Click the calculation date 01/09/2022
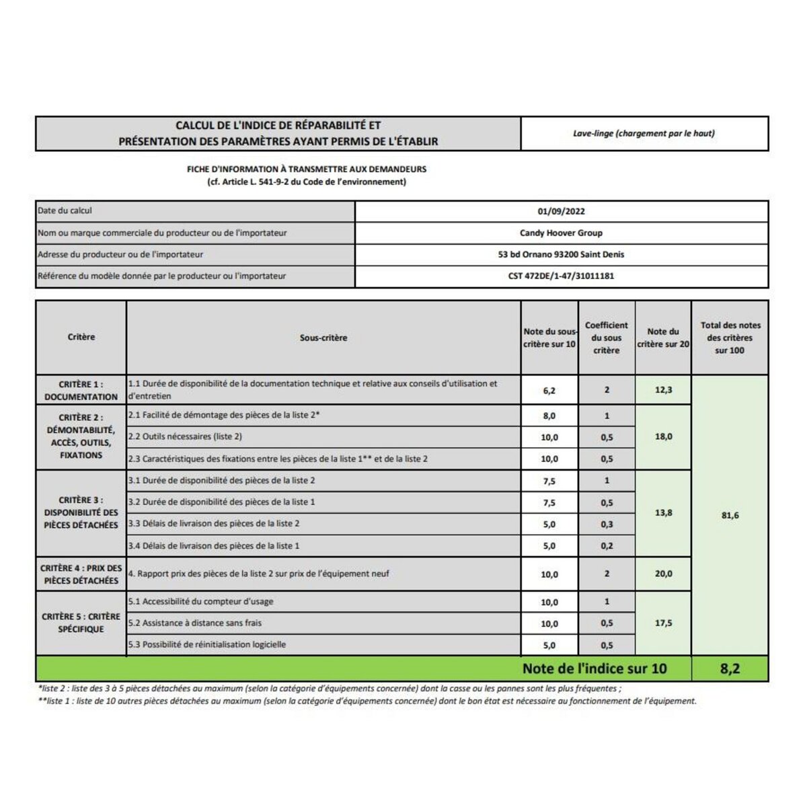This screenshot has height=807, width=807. [561, 211]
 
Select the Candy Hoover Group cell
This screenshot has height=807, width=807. [561, 233]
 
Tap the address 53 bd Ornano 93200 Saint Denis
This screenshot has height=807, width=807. [561, 254]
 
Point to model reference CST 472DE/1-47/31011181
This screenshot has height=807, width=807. [561, 276]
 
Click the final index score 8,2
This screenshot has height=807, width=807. [730, 668]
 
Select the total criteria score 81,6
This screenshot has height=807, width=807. [730, 515]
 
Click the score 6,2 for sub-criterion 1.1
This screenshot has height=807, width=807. [549, 390]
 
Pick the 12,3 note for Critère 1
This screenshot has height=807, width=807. [663, 390]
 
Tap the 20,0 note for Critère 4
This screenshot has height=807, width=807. [663, 574]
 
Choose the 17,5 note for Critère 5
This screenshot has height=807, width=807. [663, 623]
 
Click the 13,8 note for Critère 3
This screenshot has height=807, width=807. [663, 512]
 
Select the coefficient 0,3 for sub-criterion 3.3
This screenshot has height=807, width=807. [607, 524]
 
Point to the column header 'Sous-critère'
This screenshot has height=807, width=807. [323, 338]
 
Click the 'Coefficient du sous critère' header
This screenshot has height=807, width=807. [607, 338]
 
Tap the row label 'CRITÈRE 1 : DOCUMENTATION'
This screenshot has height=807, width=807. [81, 390]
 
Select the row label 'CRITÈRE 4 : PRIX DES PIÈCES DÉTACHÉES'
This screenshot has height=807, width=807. [81, 574]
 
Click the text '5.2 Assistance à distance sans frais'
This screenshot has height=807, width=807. [195, 623]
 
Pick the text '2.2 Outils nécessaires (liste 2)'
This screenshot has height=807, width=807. [185, 436]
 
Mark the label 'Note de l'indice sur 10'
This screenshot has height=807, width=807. [594, 668]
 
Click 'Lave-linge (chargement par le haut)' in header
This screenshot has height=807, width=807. [644, 133]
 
